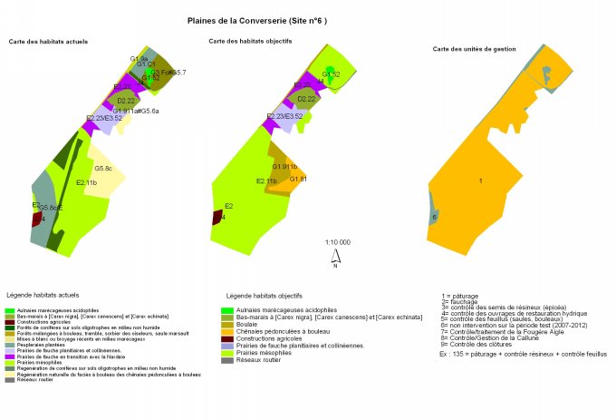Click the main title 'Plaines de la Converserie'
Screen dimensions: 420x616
point(256,20)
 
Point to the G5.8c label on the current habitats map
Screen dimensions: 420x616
point(103,169)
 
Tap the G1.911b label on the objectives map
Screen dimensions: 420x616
point(284,167)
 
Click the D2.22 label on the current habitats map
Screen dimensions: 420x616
point(126,101)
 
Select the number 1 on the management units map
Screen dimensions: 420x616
point(479,182)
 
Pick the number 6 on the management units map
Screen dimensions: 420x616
point(435,218)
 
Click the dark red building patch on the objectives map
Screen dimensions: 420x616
point(217,218)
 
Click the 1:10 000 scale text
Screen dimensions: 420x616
point(337,243)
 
